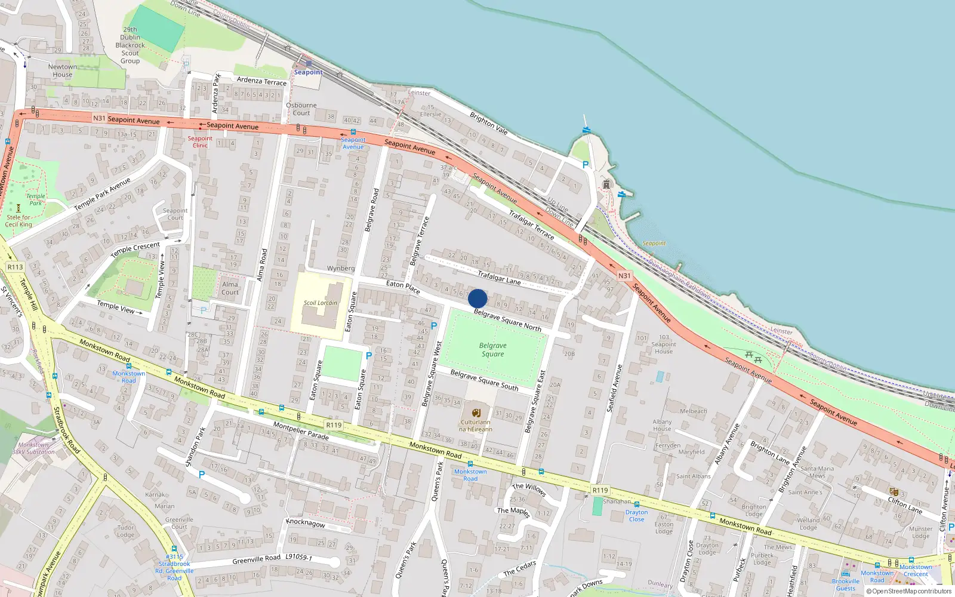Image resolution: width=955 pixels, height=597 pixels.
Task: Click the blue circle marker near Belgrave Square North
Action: tap(478, 298)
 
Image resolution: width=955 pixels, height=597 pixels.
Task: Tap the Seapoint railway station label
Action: tap(308, 72)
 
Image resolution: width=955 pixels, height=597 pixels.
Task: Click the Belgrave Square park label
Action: tap(493, 350)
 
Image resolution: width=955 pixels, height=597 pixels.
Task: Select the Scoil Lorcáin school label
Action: tap(321, 303)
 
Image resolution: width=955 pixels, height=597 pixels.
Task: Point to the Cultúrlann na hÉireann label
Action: tap(476, 425)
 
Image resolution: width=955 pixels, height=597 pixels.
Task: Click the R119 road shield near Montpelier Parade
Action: tap(334, 425)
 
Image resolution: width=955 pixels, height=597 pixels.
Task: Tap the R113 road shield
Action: tap(15, 267)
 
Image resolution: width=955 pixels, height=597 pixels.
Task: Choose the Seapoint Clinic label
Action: tap(200, 141)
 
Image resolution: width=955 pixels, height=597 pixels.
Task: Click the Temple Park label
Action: tap(35, 199)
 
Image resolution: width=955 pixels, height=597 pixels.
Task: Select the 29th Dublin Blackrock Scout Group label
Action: tap(130, 45)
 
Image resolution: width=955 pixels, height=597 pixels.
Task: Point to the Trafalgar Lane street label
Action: tap(499, 277)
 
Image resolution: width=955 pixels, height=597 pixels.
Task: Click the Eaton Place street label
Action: tap(403, 287)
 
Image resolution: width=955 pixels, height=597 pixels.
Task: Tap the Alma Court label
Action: tap(230, 288)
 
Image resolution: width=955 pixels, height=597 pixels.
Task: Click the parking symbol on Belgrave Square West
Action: tap(434, 326)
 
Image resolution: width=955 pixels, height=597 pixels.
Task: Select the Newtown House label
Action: tap(62, 70)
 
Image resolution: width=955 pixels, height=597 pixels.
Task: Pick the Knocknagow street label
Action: tap(306, 523)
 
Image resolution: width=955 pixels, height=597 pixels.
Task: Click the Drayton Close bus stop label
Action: tap(636, 515)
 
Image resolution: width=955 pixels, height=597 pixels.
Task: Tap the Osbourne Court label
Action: tap(301, 109)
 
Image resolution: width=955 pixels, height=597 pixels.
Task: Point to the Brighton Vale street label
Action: tap(488, 123)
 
